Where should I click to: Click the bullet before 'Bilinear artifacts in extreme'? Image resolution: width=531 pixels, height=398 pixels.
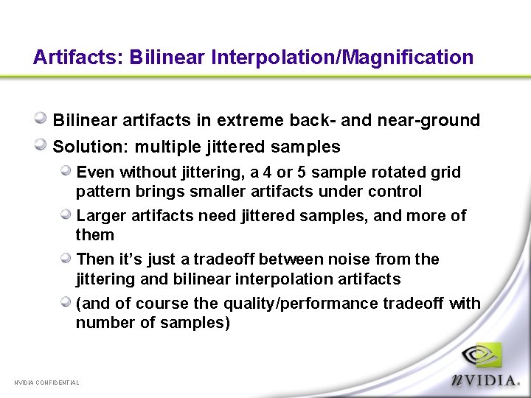42,119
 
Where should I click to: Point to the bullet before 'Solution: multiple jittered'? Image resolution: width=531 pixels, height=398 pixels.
42,145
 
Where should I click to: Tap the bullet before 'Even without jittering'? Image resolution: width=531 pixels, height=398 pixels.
66,171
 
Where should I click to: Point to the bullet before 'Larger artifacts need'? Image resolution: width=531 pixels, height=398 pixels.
66,214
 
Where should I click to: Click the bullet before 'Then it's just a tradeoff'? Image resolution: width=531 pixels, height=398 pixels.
66,258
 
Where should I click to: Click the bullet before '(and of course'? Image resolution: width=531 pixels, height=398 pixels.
66,302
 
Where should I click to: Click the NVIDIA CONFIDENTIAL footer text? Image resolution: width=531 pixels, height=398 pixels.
46,382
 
